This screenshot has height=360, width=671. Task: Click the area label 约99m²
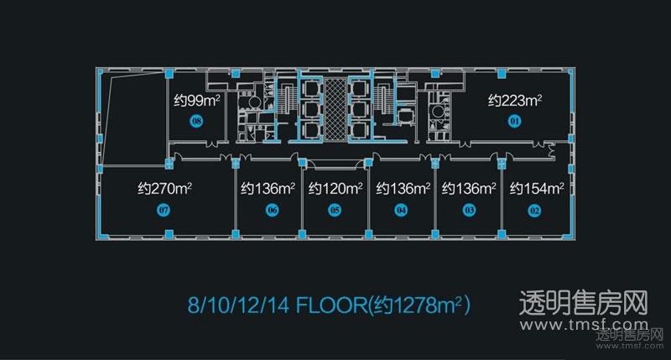coord(197,101)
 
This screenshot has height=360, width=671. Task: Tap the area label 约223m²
coord(515,101)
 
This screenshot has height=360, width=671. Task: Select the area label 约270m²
coord(164,189)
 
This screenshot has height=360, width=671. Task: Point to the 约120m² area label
coord(335,189)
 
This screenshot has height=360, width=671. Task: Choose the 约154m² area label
coord(537,189)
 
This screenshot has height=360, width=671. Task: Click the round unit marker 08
coord(196,122)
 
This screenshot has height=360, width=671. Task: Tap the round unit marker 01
coord(514,122)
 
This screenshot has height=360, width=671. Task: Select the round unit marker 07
coord(164,210)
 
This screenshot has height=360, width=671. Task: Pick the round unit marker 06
coord(272,210)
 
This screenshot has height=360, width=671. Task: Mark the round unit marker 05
coord(335,210)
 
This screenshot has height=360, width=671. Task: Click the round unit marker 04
coord(401,210)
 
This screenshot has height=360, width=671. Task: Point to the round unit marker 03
coord(470,210)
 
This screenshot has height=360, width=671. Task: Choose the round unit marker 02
coord(534,211)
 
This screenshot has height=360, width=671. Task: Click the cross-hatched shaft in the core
coord(335,110)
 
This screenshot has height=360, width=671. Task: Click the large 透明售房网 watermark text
coord(583,303)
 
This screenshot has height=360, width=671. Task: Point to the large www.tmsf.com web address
coord(584,326)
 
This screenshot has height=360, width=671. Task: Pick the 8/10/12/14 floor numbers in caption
coord(238,305)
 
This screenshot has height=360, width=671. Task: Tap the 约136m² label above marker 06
coord(268,189)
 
